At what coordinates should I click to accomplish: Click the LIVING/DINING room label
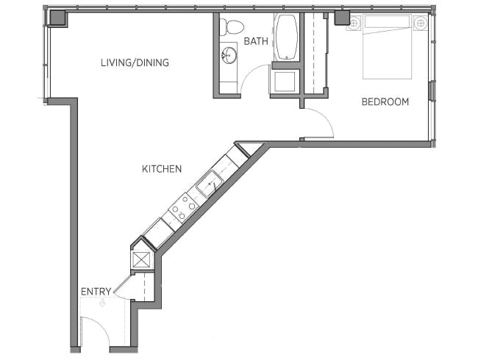(x=135, y=62)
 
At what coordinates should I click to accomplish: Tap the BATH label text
(x=256, y=41)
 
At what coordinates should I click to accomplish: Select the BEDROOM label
(x=385, y=101)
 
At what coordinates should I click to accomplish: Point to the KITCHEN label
(x=161, y=169)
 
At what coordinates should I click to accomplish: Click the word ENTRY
(x=96, y=292)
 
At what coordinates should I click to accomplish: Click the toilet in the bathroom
(x=233, y=27)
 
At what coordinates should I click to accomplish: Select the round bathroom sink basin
(x=229, y=54)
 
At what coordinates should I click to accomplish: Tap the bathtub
(x=286, y=37)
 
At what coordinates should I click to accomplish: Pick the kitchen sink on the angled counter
(x=210, y=183)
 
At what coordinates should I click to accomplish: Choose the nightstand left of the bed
(x=353, y=23)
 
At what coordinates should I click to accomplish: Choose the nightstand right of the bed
(x=421, y=23)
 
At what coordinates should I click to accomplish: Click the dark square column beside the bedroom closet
(x=342, y=18)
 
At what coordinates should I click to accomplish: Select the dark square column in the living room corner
(x=58, y=18)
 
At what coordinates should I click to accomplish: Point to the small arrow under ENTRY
(x=102, y=302)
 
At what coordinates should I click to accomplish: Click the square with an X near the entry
(x=141, y=259)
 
